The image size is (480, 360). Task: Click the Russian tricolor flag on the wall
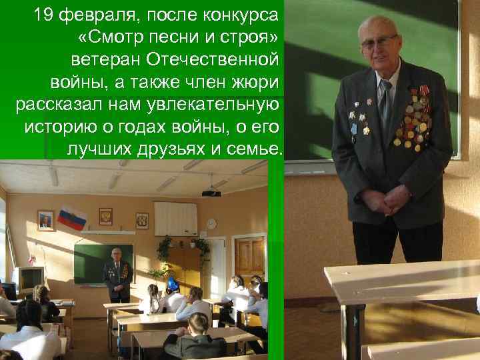(x=71, y=217)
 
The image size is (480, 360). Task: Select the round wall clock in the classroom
(x=211, y=223)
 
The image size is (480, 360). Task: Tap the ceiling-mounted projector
(x=211, y=192)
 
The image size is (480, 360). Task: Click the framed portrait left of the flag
(x=45, y=221)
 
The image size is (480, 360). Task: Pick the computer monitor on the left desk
(x=30, y=278)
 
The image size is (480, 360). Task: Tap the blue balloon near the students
(x=173, y=285)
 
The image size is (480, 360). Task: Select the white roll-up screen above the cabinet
(x=175, y=219)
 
